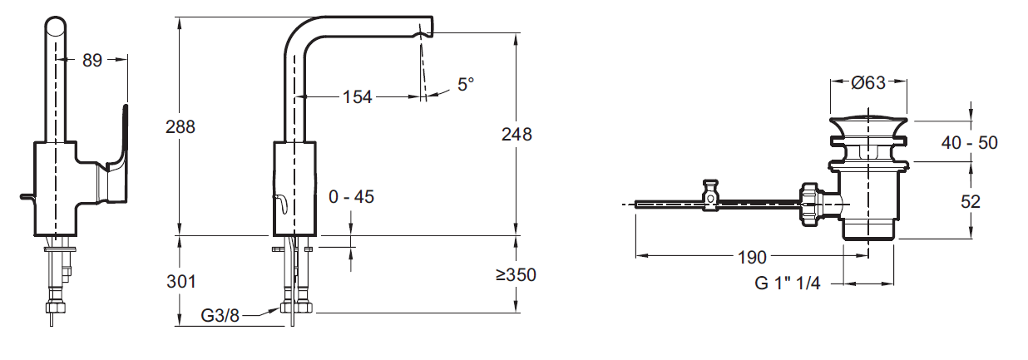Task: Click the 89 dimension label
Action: point(92,60)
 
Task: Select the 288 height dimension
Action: point(180,126)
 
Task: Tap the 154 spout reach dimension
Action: point(357,96)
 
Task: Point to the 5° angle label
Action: point(466,84)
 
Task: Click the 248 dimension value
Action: point(516,134)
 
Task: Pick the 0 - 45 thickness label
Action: point(352,197)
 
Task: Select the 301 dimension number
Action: point(181,282)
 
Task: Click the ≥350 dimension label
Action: point(516,274)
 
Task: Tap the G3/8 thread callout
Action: point(220,315)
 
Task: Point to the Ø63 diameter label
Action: point(868,82)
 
